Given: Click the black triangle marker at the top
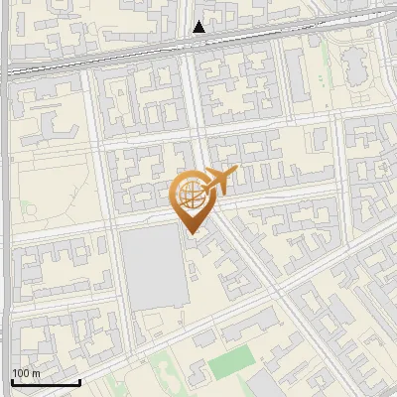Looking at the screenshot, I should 199,28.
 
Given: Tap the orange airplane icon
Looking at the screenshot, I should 219,182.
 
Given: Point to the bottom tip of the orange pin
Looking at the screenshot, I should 192,233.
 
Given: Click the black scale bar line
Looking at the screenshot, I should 46,382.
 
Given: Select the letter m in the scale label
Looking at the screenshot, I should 36,373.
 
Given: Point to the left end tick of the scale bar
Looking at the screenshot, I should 12,380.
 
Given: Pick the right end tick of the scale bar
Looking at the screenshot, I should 79,380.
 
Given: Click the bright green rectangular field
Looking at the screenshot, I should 230,363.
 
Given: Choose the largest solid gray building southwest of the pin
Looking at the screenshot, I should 154,268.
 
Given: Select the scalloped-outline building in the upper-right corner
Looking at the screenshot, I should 354,65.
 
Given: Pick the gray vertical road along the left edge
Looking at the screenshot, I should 5,198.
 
